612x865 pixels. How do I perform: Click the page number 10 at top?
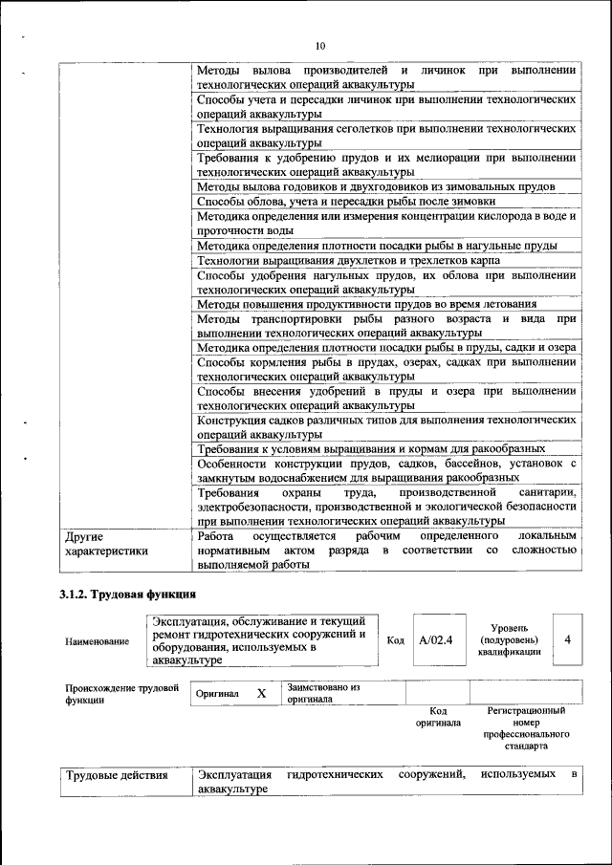click(x=319, y=45)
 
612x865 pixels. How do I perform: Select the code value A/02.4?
click(x=436, y=639)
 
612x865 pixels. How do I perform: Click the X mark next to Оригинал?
click(x=260, y=693)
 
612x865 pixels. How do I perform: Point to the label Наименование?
click(x=98, y=641)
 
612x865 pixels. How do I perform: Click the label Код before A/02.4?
click(x=395, y=640)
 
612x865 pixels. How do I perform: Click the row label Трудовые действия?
click(x=116, y=775)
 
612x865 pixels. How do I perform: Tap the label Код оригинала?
click(x=438, y=717)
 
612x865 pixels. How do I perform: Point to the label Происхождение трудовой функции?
click(x=121, y=693)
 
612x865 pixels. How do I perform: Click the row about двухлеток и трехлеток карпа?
click(x=361, y=261)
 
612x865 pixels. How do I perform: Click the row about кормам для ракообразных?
click(x=371, y=448)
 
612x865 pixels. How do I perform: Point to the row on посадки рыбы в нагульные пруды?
click(x=377, y=246)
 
